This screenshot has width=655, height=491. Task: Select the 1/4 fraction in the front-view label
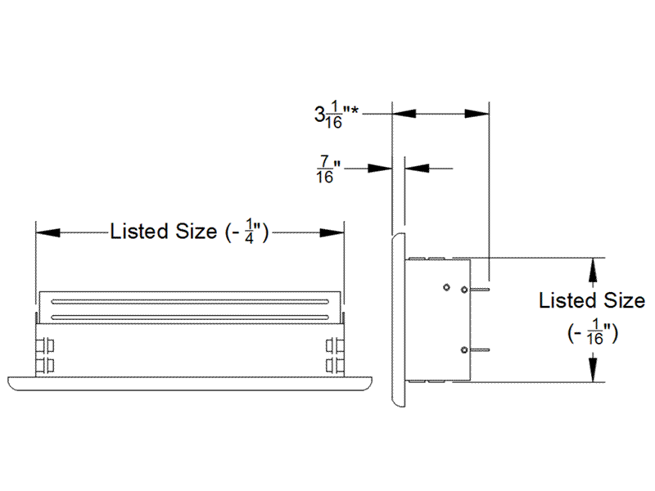[x=255, y=232]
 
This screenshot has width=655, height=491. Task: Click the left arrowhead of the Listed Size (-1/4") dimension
[x=47, y=232]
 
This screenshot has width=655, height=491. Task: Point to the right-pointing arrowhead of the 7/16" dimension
[x=381, y=169]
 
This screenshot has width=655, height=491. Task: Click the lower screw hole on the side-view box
[x=464, y=350]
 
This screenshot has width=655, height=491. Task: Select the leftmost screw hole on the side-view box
[x=445, y=286]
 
